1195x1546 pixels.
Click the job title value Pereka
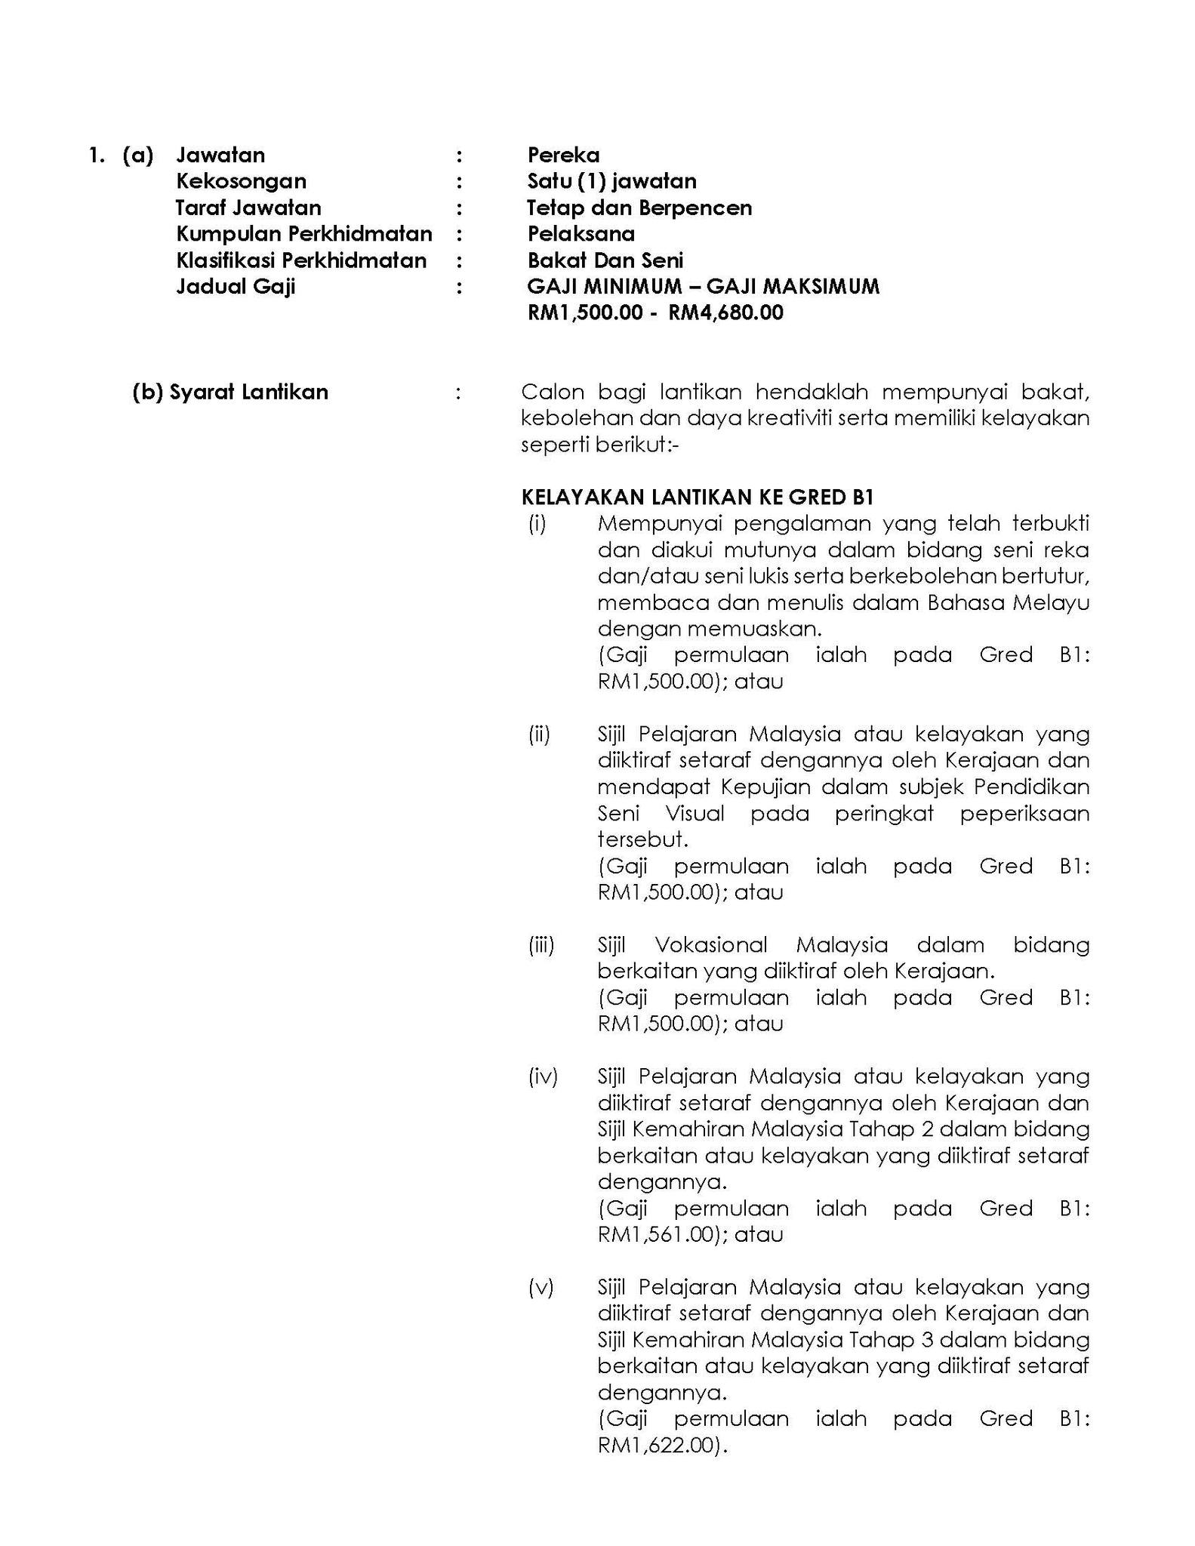(x=563, y=156)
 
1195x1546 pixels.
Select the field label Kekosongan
(x=241, y=181)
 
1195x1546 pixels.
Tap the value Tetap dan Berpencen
(x=639, y=208)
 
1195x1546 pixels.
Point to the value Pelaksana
(x=581, y=234)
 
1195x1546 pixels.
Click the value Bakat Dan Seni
(x=605, y=260)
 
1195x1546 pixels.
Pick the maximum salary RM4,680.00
(x=725, y=313)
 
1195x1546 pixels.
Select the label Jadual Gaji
(x=236, y=287)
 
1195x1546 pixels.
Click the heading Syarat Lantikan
(x=248, y=392)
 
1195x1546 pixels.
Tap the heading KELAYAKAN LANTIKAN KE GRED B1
(x=697, y=497)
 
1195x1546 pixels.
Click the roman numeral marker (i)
(x=537, y=523)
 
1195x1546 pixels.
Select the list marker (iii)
(x=541, y=944)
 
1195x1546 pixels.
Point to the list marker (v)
(x=541, y=1287)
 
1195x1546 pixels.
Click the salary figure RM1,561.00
(x=655, y=1234)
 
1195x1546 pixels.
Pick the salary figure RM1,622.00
(x=655, y=1446)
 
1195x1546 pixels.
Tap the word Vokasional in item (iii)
(x=710, y=944)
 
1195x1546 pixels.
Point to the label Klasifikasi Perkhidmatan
(x=301, y=260)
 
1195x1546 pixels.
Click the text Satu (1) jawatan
(x=611, y=181)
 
